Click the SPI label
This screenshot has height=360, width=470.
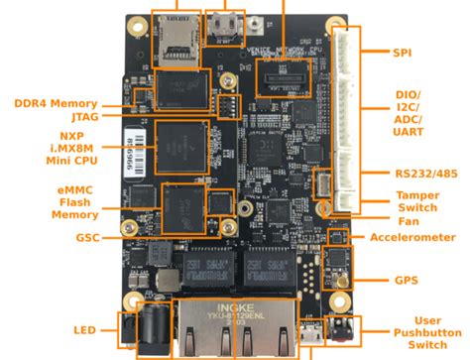(402, 53)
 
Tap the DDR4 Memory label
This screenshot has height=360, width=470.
(56, 102)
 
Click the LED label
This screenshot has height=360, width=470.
(84, 329)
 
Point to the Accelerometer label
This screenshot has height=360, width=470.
(412, 237)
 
